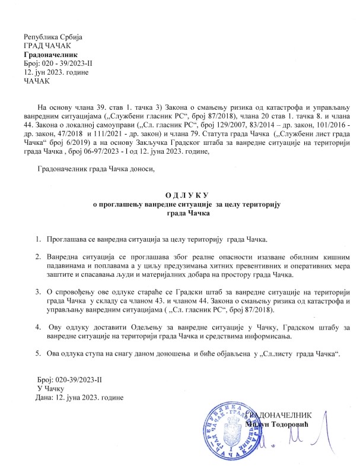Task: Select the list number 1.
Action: pyautogui.click(x=37, y=239)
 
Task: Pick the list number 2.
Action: pyautogui.click(x=37, y=256)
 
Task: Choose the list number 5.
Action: pyautogui.click(x=37, y=354)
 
